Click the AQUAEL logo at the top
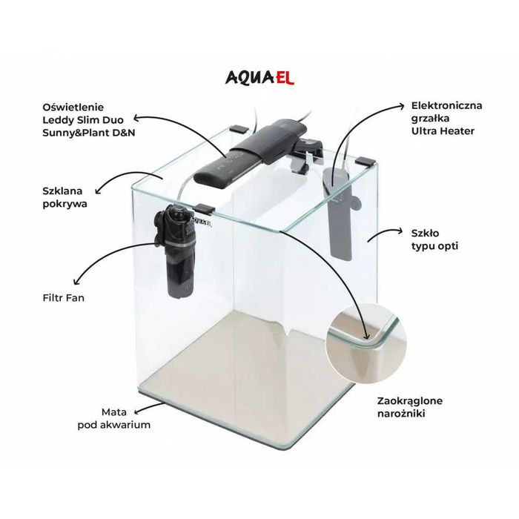pyautogui.click(x=259, y=78)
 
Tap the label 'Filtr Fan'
pyautogui.click(x=63, y=298)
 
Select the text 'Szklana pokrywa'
pyautogui.click(x=65, y=197)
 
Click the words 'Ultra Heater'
pyautogui.click(x=443, y=131)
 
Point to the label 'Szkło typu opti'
pyautogui.click(x=434, y=239)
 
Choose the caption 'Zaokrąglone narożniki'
pyautogui.click(x=410, y=407)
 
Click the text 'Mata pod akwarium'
pyautogui.click(x=114, y=418)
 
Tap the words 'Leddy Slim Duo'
pyautogui.click(x=83, y=120)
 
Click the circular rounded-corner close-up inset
pyautogui.click(x=366, y=344)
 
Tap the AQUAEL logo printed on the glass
pyautogui.click(x=201, y=221)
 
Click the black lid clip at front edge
pyautogui.click(x=204, y=208)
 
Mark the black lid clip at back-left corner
pyautogui.click(x=239, y=128)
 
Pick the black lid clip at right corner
pyautogui.click(x=366, y=162)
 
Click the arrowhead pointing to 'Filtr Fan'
pyautogui.click(x=76, y=282)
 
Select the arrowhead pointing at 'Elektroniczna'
pyautogui.click(x=401, y=106)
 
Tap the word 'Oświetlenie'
pyautogui.click(x=73, y=108)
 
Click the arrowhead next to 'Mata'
pyautogui.click(x=137, y=411)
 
